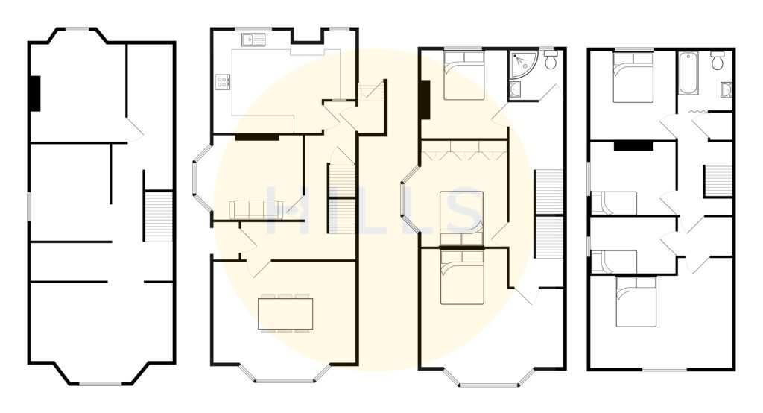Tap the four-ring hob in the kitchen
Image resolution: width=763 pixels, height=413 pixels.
(x=221, y=82)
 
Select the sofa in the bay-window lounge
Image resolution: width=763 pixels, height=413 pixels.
(x=254, y=209)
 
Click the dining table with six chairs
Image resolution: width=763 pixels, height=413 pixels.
(x=285, y=313)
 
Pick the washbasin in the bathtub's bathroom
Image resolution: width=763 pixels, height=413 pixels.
(x=726, y=90)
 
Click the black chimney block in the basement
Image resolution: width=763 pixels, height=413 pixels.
(x=34, y=93)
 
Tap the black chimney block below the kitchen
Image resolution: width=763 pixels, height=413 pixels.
(x=257, y=137)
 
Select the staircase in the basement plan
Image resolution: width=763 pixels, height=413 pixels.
(x=157, y=216)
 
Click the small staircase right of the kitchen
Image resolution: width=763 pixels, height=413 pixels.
(x=370, y=93)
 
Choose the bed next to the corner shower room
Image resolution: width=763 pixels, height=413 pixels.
(x=464, y=75)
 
